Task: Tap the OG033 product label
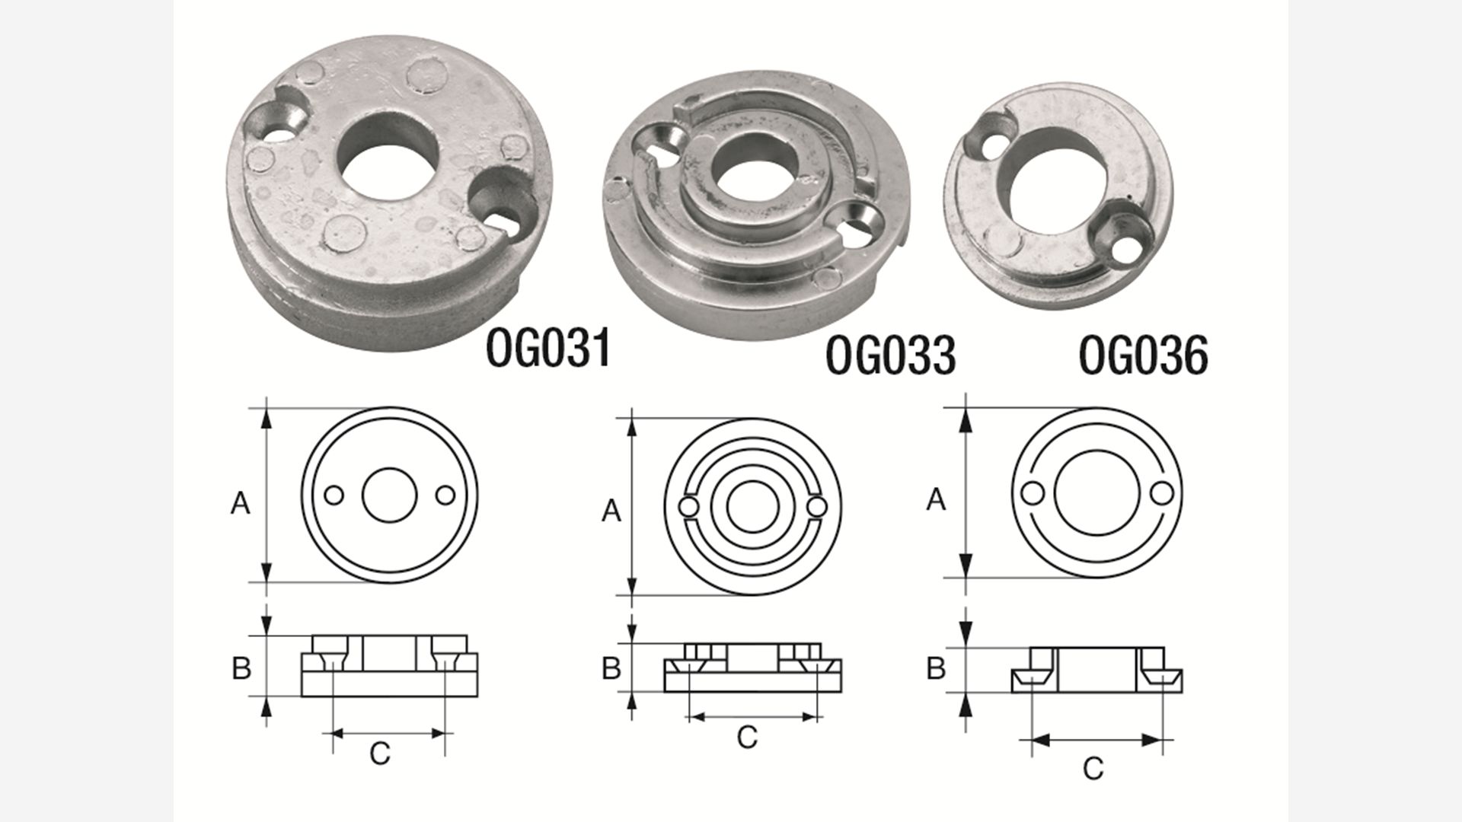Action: [x=890, y=355]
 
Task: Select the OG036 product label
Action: [x=1144, y=355]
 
